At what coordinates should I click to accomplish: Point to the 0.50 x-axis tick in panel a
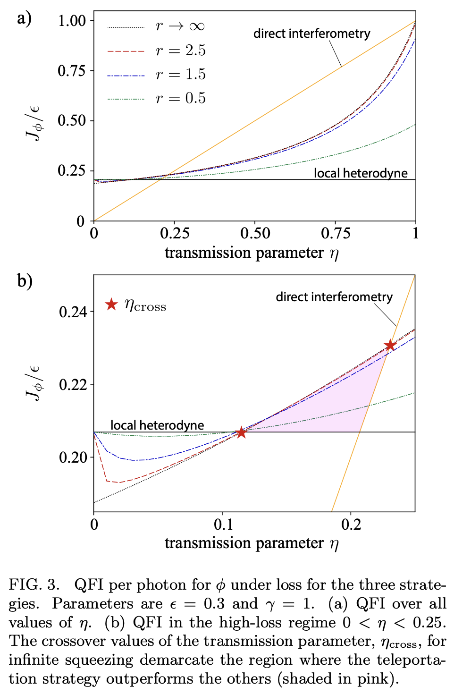click(255, 233)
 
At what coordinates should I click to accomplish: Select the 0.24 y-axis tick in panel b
click(73, 312)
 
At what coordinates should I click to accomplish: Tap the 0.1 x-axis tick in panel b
click(223, 525)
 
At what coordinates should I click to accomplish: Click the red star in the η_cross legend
click(111, 305)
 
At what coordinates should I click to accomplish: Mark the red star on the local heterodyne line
click(241, 432)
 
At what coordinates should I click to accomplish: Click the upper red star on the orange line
click(390, 346)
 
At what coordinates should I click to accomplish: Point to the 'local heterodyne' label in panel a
click(361, 173)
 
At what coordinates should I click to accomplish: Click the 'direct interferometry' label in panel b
click(334, 297)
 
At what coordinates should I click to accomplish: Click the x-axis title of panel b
click(252, 543)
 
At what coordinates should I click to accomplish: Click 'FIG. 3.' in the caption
click(34, 585)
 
